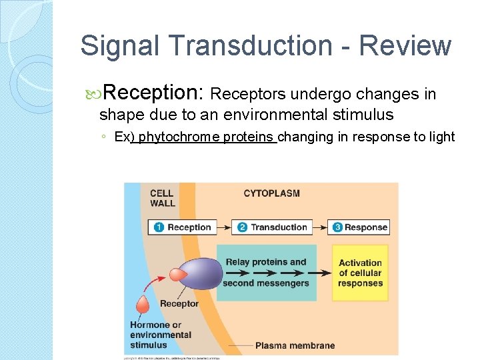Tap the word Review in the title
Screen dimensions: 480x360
click(405, 46)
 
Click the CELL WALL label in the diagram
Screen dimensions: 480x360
click(163, 198)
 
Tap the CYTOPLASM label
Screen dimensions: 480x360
click(271, 193)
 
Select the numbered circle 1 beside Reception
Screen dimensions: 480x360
click(159, 227)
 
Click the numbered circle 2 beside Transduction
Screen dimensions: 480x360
click(242, 227)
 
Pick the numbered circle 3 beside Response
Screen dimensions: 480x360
click(337, 227)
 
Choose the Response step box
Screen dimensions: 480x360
click(359, 227)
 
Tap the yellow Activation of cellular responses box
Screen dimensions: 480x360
click(360, 273)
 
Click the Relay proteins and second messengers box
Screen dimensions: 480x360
click(265, 273)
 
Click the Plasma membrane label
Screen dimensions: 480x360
click(295, 345)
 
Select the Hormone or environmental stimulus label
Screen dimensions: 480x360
click(160, 335)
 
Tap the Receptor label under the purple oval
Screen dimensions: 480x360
click(179, 304)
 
